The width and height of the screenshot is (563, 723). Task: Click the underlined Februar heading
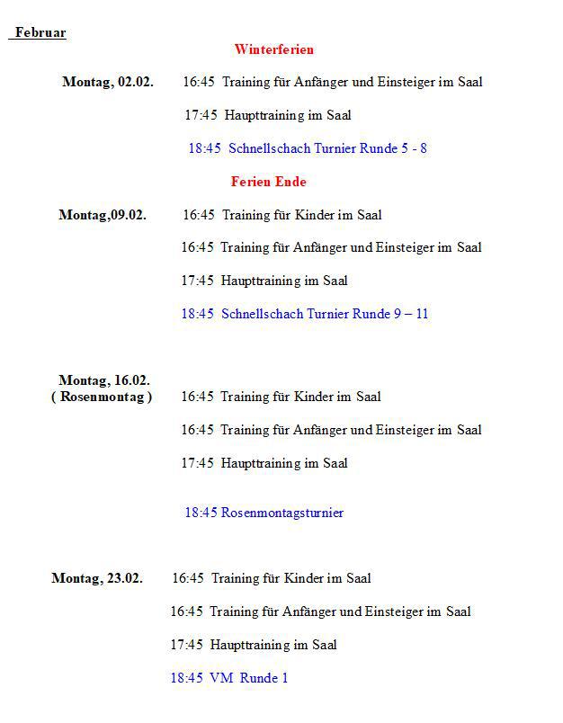[40, 33]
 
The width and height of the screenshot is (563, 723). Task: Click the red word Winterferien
[274, 49]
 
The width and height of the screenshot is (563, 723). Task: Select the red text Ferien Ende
[268, 182]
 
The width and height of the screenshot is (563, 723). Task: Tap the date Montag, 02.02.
[108, 82]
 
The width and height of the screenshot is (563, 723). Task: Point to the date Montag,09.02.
[103, 215]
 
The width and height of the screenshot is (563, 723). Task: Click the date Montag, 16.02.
[104, 380]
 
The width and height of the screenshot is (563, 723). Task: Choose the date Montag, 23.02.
[97, 578]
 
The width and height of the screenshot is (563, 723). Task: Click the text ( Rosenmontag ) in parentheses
[102, 397]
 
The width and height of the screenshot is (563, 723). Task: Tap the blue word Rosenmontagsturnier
[282, 513]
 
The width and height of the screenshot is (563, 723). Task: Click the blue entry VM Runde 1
[249, 678]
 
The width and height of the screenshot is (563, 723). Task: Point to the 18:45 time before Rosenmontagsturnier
[201, 513]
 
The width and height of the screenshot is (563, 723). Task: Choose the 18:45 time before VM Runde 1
[186, 678]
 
